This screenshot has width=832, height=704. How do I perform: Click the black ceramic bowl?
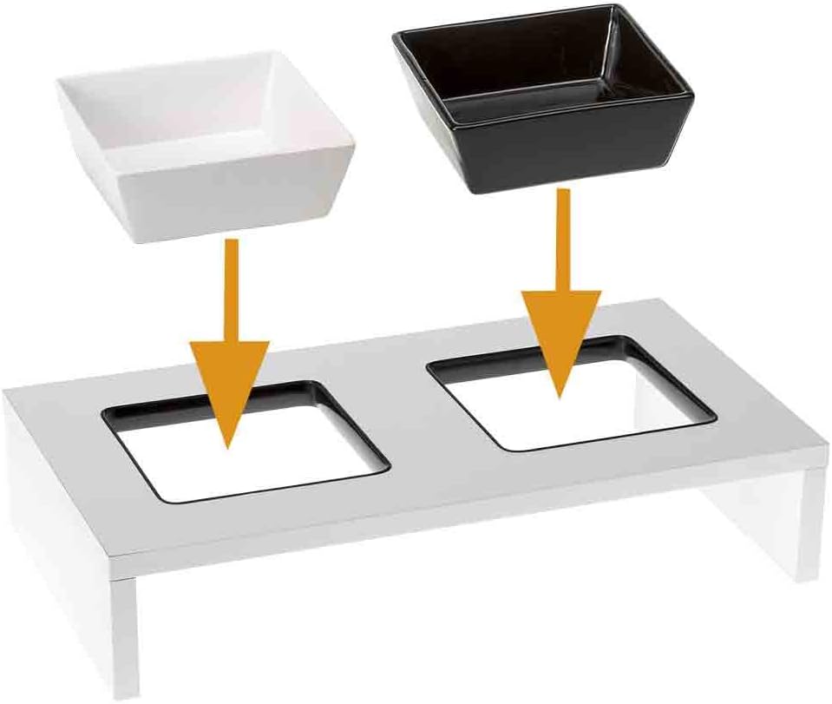click(x=542, y=95)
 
